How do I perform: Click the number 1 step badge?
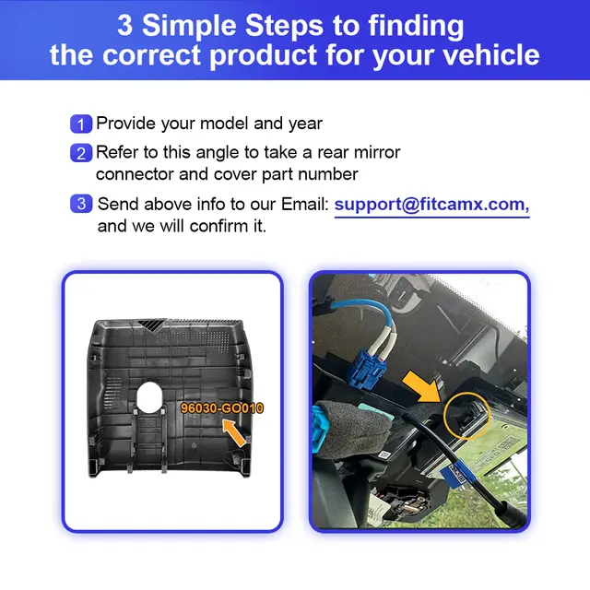click(x=81, y=124)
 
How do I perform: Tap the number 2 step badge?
click(x=81, y=153)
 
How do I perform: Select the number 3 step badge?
click(x=81, y=204)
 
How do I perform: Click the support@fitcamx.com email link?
click(x=431, y=205)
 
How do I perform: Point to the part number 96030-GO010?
click(x=222, y=408)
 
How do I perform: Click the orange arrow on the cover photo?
click(x=234, y=433)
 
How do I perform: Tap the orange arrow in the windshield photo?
click(x=422, y=387)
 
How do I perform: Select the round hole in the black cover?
click(x=149, y=396)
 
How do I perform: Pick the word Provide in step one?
click(x=125, y=124)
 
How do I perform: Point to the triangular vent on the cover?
click(x=151, y=325)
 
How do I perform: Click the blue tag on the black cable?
click(x=459, y=473)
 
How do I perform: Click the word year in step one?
click(x=305, y=124)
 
